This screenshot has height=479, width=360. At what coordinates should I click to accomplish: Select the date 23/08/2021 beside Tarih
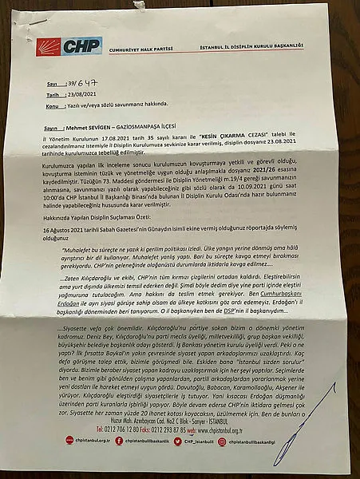(x=78, y=93)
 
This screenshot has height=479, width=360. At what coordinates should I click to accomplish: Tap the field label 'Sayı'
(x=53, y=83)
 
